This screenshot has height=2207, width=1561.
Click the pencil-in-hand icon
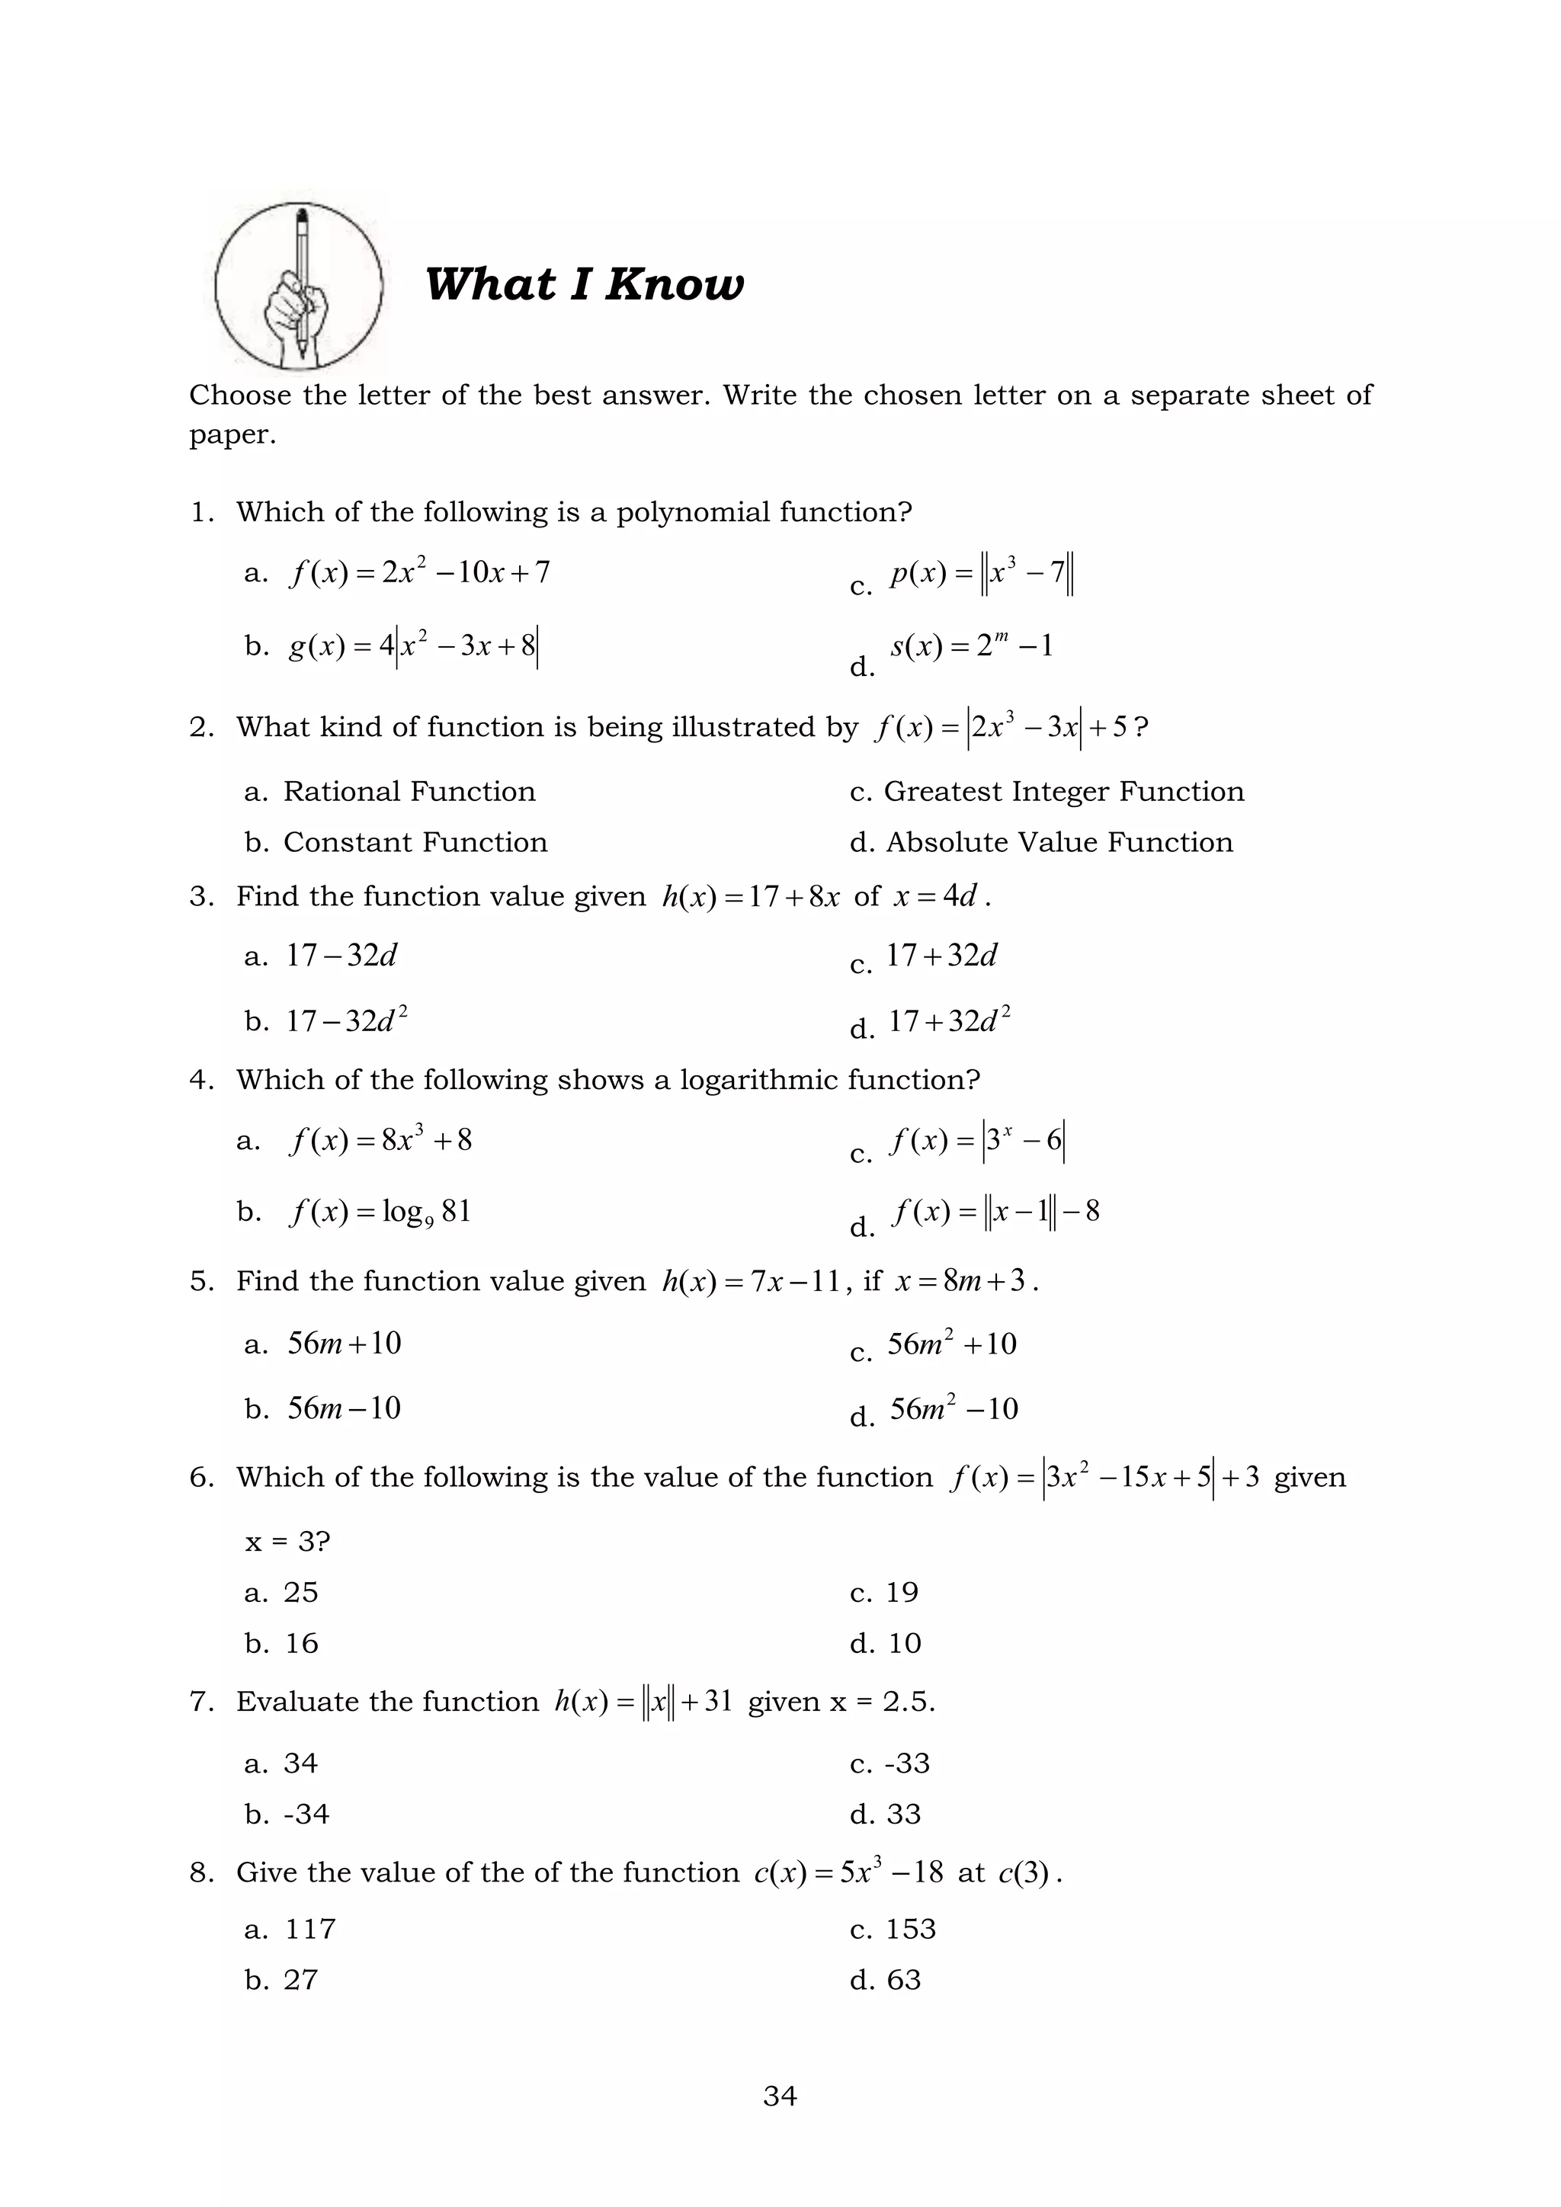299,287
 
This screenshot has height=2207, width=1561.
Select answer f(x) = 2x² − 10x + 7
419,573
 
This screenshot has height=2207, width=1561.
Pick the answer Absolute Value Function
1058,842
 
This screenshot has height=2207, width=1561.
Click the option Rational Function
409,791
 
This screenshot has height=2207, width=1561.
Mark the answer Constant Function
415,842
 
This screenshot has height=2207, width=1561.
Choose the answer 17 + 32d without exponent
941,956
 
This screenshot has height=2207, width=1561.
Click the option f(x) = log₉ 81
380,1211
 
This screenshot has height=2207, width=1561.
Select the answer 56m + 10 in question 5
344,1343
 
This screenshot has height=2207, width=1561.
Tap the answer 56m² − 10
953,1409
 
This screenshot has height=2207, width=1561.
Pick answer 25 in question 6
300,1593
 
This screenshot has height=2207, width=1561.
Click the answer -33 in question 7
906,1763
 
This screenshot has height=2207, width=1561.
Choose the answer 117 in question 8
309,1928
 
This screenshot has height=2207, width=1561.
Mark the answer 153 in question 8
909,1928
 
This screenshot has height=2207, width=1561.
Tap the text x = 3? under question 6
287,1542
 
